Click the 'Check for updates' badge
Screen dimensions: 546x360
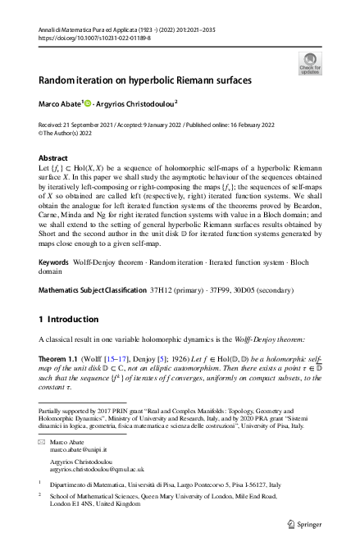[x=309, y=63]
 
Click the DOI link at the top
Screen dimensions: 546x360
[x=89, y=37]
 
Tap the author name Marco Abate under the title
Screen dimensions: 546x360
[x=59, y=105]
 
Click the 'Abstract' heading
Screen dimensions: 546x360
[x=53, y=157]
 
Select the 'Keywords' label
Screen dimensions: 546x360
[x=56, y=262]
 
